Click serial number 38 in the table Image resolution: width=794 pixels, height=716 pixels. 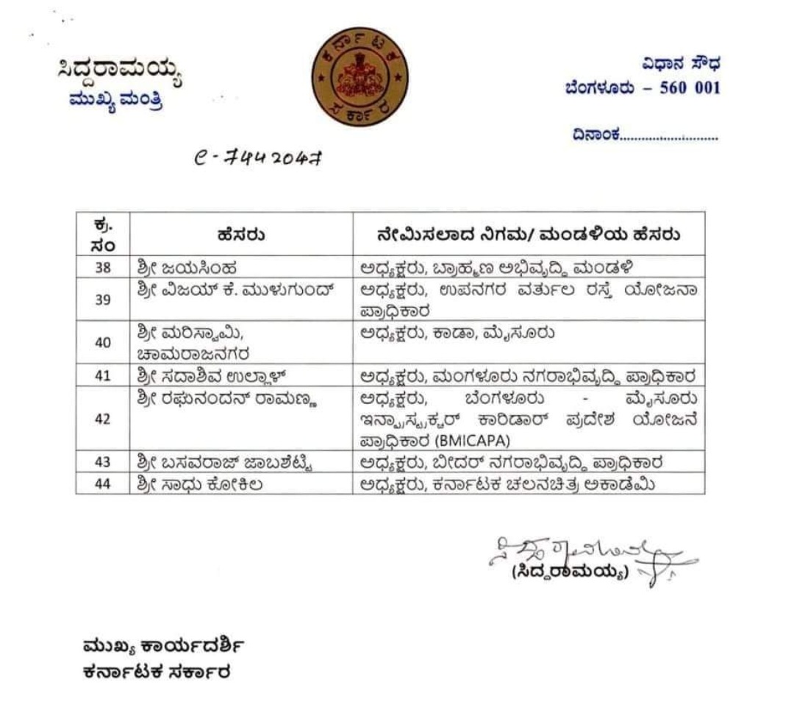pos(102,267)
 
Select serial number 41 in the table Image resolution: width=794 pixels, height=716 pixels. pos(102,376)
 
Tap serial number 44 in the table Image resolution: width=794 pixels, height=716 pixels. pos(102,484)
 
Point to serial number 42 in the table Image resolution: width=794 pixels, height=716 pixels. pos(102,419)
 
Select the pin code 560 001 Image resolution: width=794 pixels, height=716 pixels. pos(688,88)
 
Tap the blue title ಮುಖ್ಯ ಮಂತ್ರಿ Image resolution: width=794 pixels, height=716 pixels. pos(115,100)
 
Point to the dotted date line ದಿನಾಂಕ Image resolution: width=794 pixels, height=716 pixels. pos(644,135)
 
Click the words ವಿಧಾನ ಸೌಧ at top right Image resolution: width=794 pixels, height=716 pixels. pos(680,64)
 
